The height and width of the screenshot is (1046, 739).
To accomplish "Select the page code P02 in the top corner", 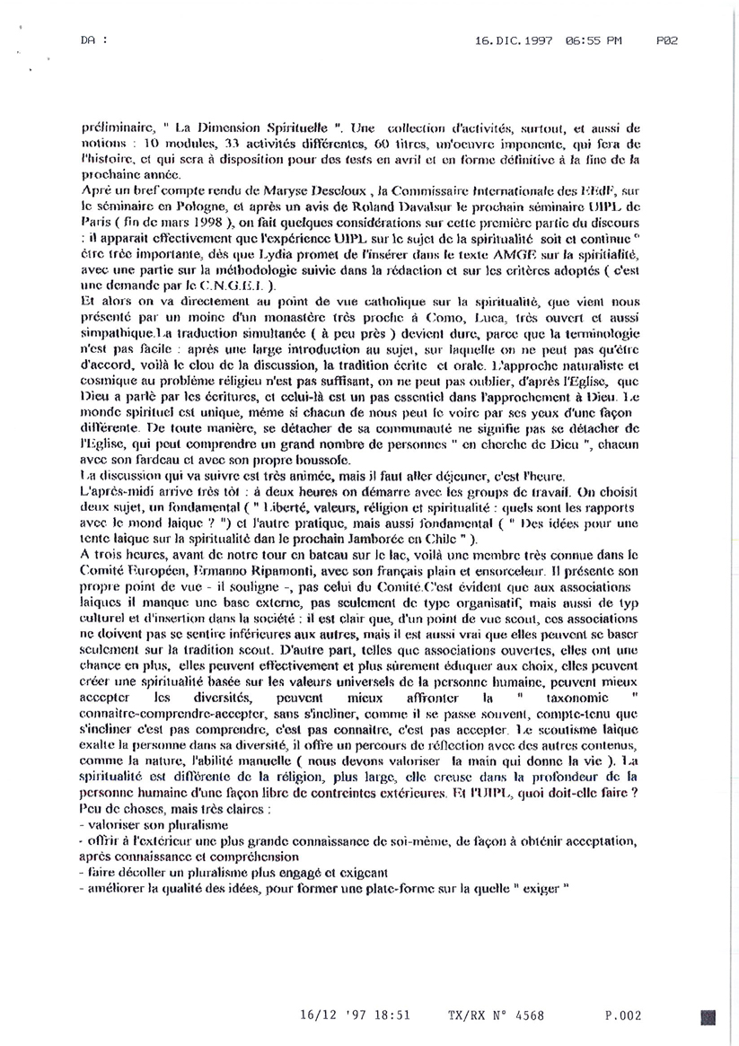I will (665, 40).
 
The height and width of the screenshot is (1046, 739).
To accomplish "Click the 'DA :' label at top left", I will (92, 40).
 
